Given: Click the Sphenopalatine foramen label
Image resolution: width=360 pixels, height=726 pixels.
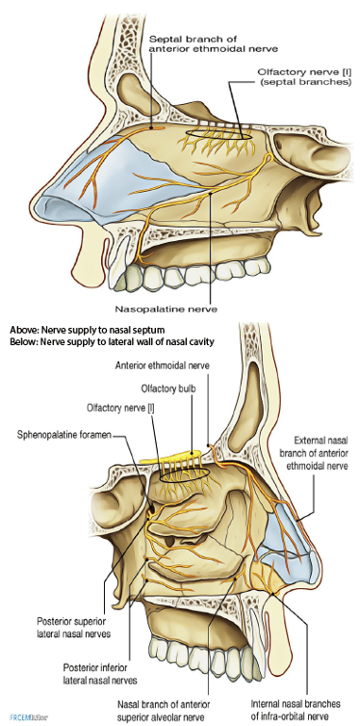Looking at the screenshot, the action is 63,436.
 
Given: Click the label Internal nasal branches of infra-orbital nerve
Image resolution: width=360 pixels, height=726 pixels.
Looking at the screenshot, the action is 296,708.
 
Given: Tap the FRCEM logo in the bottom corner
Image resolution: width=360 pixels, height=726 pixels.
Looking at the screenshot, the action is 23,718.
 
